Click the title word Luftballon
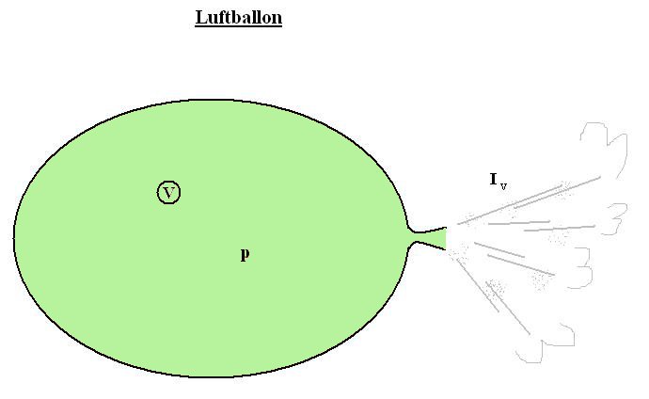238,17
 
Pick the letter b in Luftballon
237,17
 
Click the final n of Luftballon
277,18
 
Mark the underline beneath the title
238,25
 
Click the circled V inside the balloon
168,193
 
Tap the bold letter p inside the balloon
245,253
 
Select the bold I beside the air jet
494,179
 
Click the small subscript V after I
504,185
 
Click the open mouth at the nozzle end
446,237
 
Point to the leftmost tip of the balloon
14,236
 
